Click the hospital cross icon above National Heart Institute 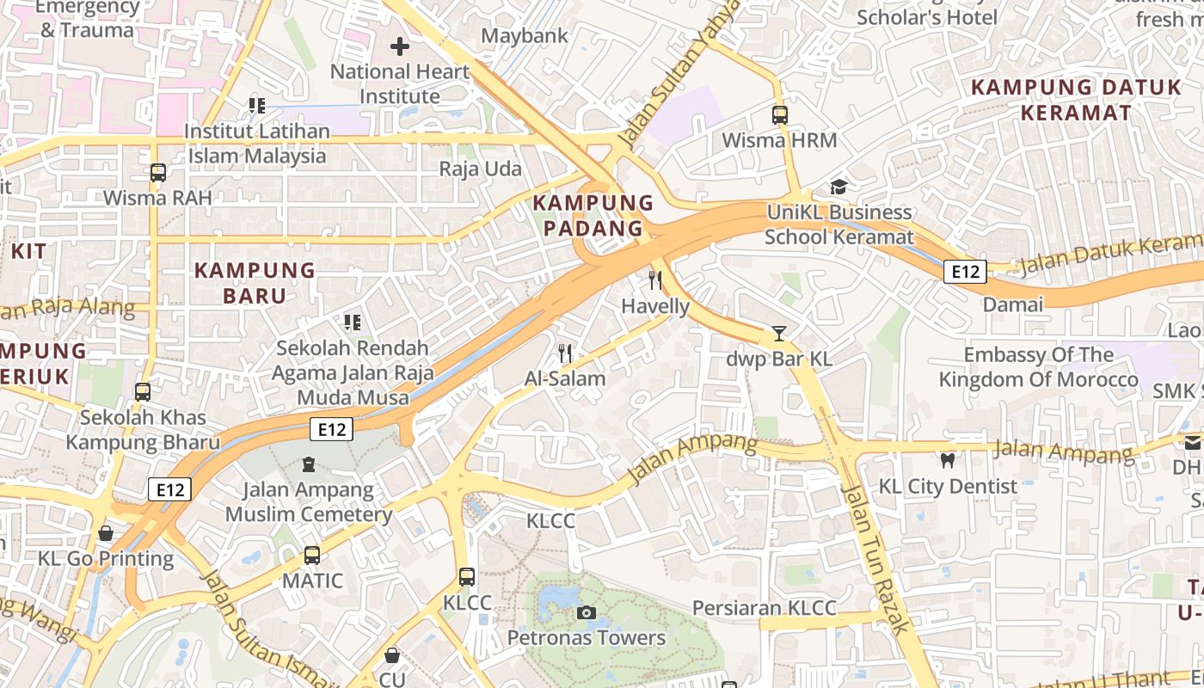[400, 46]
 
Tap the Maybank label [525, 36]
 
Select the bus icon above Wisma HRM [780, 114]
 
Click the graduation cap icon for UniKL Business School [838, 187]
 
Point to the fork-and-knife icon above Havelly [655, 280]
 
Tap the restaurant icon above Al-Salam [565, 353]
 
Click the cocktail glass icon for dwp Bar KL [779, 334]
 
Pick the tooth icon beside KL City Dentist [948, 461]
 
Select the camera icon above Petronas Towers [587, 612]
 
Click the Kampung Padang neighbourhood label [593, 216]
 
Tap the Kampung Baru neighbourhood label [255, 283]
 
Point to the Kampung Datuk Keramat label [1076, 100]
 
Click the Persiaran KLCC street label [764, 608]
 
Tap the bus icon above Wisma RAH [158, 172]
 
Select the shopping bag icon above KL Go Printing [106, 533]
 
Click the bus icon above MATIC [312, 556]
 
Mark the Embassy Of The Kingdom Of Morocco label [1038, 367]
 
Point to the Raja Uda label [481, 169]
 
